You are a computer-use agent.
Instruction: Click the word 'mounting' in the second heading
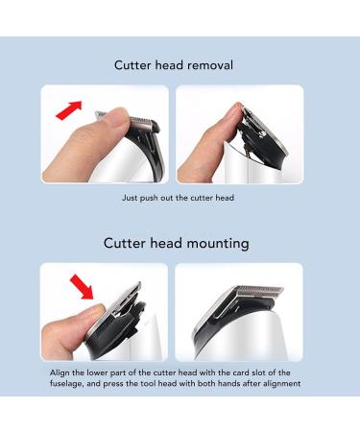click(x=214, y=243)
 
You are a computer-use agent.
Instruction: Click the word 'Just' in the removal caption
click(x=130, y=198)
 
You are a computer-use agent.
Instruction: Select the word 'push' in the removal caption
click(x=151, y=198)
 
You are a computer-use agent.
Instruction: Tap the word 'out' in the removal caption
click(x=171, y=198)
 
